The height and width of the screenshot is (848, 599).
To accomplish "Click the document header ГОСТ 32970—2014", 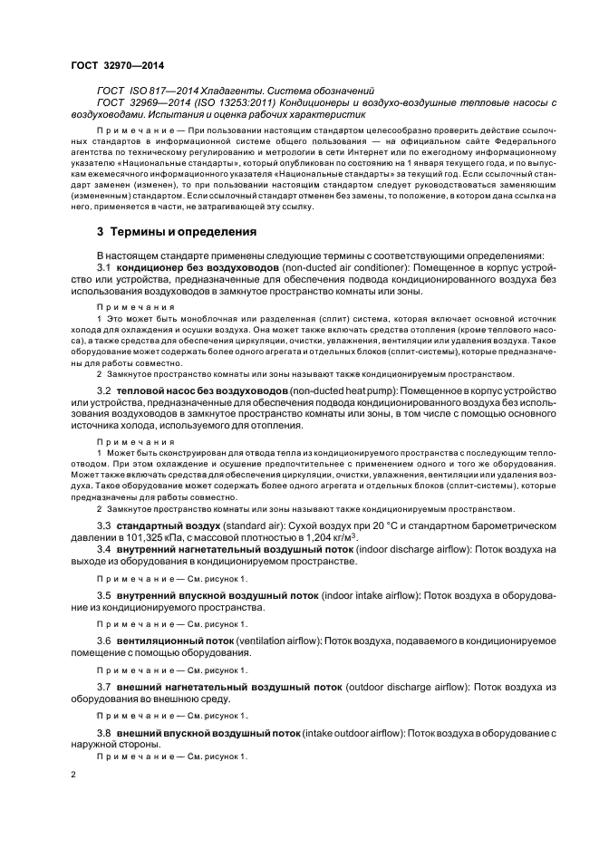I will coord(111,65).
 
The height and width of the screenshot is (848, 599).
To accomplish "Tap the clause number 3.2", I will coord(104,390).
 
